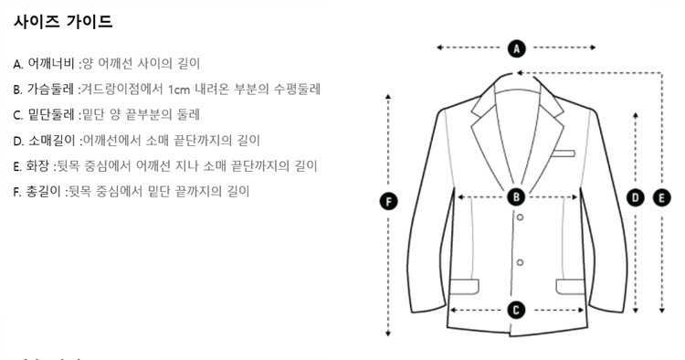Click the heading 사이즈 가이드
(x=63, y=21)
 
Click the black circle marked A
(x=516, y=48)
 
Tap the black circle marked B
(x=516, y=197)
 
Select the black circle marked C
(x=516, y=310)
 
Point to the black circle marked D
(x=635, y=198)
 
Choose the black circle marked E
(x=662, y=198)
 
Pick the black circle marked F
(x=388, y=202)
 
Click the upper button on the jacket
(x=520, y=217)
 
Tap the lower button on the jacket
(x=520, y=262)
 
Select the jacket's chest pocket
(x=564, y=154)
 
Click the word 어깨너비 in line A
(x=51, y=63)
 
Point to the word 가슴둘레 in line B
(x=50, y=90)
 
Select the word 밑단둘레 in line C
(x=51, y=114)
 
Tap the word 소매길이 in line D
(x=52, y=140)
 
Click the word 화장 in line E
(x=37, y=165)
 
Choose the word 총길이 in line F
(x=43, y=191)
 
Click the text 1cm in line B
(x=179, y=90)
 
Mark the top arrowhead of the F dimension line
(x=388, y=96)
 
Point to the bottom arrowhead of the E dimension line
(x=662, y=311)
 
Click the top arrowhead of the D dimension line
(x=635, y=115)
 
